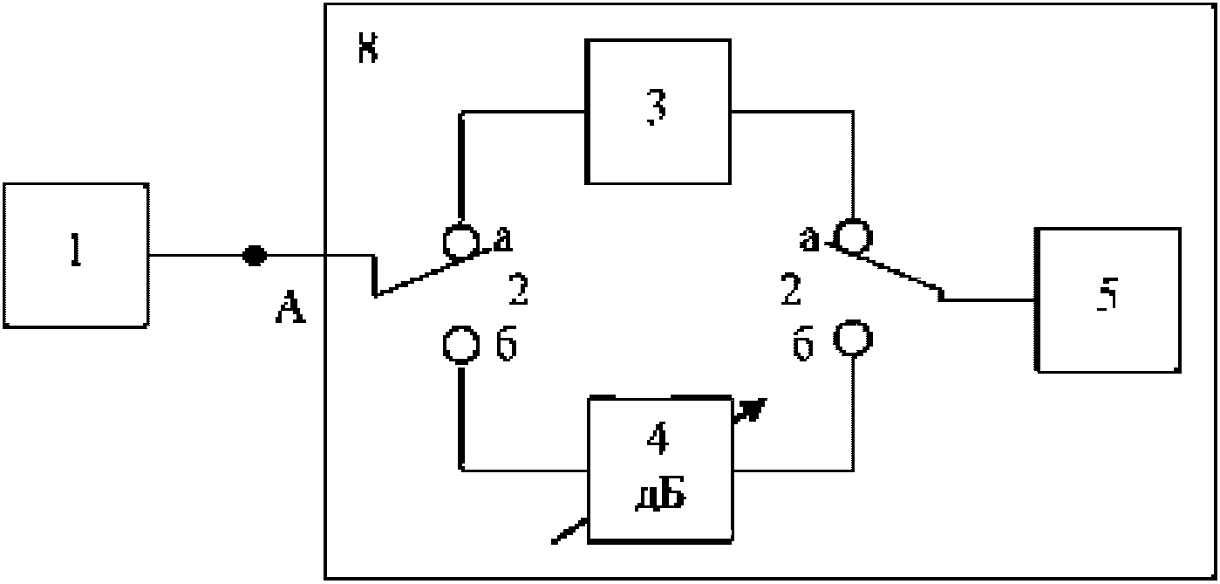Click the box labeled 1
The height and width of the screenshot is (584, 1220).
tap(75, 255)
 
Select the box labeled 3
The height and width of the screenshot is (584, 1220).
tap(658, 111)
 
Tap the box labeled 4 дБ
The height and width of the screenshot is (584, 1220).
tap(660, 470)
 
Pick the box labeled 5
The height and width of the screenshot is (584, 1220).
tap(1108, 299)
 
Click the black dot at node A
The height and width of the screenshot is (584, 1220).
tap(254, 255)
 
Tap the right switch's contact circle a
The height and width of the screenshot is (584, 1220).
tap(851, 236)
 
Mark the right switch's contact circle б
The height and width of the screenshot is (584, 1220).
tap(850, 336)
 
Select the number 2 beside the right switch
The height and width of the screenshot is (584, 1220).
tap(790, 292)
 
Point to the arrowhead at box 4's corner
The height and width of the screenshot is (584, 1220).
tap(752, 409)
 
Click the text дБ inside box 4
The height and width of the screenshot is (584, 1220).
tap(659, 497)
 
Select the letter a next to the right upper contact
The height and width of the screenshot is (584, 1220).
tap(811, 238)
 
